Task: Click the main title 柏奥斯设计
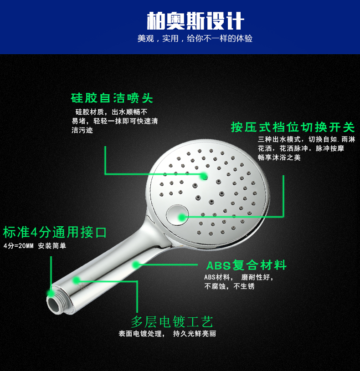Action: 195,21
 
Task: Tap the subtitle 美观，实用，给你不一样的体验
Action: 195,38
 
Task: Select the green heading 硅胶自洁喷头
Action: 112,98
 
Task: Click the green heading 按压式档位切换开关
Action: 293,127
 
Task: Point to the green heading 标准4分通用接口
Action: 55,232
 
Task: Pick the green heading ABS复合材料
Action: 247,265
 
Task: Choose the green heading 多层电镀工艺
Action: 172,321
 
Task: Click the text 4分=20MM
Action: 19,246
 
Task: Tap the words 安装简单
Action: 52,246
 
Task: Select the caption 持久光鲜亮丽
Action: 195,334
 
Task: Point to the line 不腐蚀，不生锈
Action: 229,286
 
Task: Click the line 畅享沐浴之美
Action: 279,158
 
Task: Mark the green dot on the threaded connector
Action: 51,293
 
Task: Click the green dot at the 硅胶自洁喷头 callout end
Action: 204,176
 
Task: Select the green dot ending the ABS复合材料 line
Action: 136,264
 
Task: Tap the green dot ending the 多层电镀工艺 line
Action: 76,280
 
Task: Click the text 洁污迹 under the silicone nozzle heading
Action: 82,130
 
